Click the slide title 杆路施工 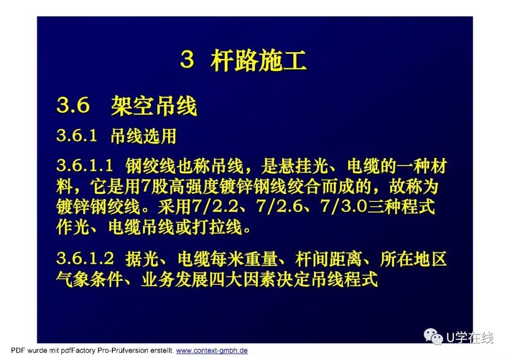(x=259, y=61)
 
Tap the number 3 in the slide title (x=187, y=60)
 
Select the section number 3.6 (x=73, y=105)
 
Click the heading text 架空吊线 (x=154, y=106)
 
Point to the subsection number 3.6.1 (x=77, y=135)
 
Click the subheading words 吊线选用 (x=144, y=136)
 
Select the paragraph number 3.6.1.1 (x=85, y=166)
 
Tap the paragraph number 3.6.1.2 (x=85, y=259)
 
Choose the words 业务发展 (x=174, y=279)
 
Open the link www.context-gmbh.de (x=212, y=351)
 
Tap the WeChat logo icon (x=433, y=336)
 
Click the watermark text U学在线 (x=470, y=338)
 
